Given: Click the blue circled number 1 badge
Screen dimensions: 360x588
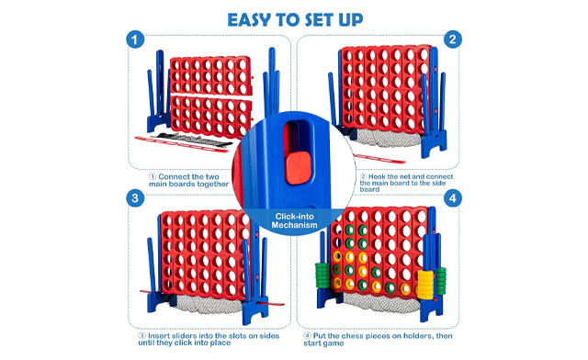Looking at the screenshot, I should tap(135, 40).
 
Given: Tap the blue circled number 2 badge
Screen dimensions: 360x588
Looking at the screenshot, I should tap(453, 40).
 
